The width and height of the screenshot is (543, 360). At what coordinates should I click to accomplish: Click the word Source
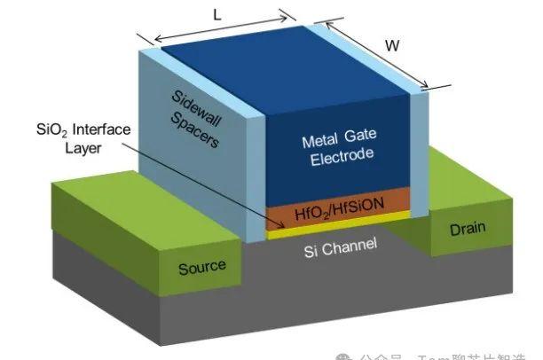click(202, 266)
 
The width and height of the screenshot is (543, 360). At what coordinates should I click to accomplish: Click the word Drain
click(467, 228)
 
